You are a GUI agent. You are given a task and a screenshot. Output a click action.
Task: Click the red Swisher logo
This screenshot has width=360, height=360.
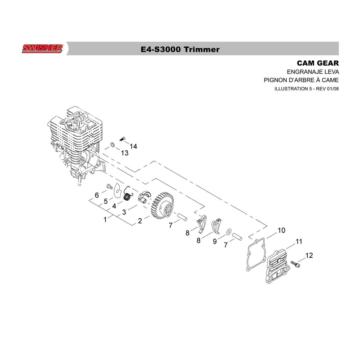point(42,49)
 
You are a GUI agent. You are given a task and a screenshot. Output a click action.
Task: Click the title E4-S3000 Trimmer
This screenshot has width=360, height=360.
point(180,49)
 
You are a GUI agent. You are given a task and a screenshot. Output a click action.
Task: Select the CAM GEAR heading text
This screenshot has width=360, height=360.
point(318,63)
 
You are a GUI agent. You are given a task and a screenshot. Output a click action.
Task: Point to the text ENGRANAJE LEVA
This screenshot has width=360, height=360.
point(313,72)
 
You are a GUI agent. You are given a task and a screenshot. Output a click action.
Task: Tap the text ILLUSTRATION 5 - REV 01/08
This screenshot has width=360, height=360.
point(306,89)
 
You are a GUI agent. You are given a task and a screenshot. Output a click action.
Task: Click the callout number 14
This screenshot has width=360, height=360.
point(133,147)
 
